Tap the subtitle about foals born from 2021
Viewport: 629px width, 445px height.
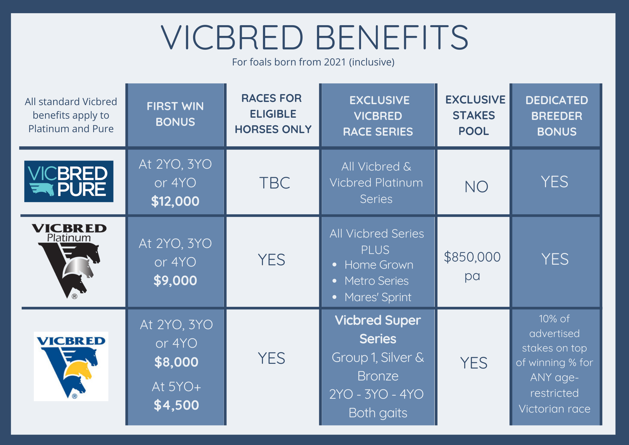[x=313, y=62]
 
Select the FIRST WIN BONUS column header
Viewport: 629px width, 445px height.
[x=175, y=114]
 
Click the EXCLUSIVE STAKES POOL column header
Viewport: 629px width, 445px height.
[x=475, y=115]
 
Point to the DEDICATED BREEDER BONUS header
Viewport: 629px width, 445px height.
[x=557, y=116]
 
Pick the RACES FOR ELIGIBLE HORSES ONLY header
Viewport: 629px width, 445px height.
[x=273, y=114]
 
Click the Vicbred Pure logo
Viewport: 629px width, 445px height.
[x=69, y=181]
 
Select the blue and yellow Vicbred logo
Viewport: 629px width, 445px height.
[x=71, y=366]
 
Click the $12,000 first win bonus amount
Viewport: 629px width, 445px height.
[x=175, y=201]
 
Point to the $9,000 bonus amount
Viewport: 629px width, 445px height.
[x=175, y=281]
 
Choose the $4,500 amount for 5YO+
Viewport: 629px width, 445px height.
[x=176, y=405]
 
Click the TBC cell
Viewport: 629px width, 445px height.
[x=275, y=183]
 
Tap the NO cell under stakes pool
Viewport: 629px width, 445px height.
[x=476, y=187]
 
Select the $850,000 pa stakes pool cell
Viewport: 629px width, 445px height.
[x=472, y=266]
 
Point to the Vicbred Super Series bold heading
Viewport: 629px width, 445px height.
[x=378, y=330]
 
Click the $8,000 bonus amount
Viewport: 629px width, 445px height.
[x=176, y=362]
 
